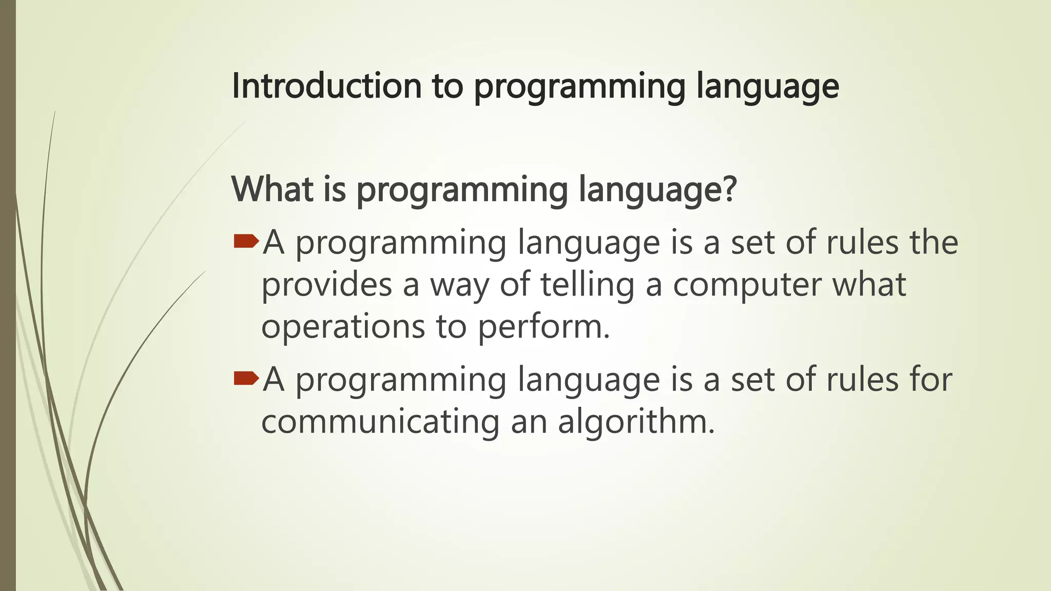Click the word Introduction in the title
pyautogui.click(x=327, y=86)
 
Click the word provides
pyautogui.click(x=326, y=285)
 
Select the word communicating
pyautogui.click(x=380, y=422)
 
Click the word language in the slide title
pyautogui.click(x=768, y=87)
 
